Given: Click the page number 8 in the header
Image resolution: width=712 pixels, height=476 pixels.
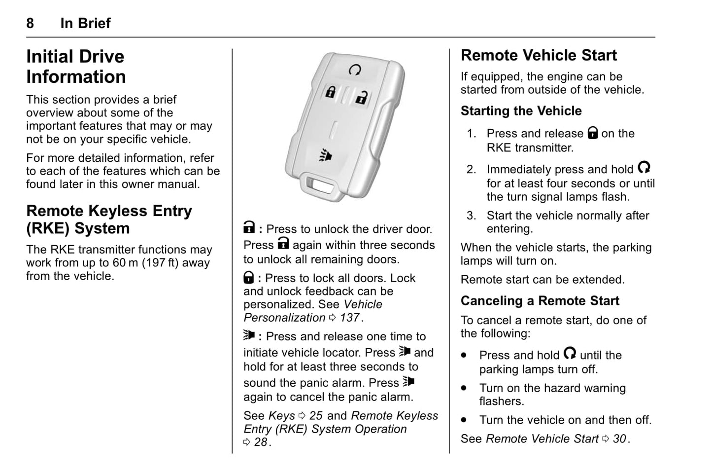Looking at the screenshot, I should point(30,23).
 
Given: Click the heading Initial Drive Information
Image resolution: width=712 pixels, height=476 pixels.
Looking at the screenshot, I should point(76,67).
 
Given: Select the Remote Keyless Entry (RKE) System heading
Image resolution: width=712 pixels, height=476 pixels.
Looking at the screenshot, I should point(109,220).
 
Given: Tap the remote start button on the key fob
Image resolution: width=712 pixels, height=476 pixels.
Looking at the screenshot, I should point(354,70).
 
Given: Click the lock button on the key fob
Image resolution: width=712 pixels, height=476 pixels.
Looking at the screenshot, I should point(330,92).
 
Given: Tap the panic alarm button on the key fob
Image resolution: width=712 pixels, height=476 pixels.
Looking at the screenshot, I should point(325,155).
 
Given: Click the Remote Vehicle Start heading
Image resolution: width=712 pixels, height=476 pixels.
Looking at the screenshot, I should point(539,55).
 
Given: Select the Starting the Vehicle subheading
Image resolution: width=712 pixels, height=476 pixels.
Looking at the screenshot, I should point(521,111).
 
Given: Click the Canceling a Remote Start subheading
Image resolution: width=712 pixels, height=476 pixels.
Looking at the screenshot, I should point(540,301).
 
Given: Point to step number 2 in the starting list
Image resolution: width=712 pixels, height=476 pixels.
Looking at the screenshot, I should point(471,170).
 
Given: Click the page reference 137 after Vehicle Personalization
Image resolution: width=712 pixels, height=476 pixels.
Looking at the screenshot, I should point(349,318).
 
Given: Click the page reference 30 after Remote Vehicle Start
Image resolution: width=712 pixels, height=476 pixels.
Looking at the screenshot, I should point(619,439).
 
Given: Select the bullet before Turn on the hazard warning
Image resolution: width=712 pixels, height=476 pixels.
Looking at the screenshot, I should point(464,388).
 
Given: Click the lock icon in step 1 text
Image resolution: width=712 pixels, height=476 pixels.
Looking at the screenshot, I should point(593,133).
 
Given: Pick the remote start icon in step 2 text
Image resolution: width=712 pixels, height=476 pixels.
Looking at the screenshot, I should point(644,168).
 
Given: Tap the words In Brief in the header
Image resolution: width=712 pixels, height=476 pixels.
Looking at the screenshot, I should point(85,23).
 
